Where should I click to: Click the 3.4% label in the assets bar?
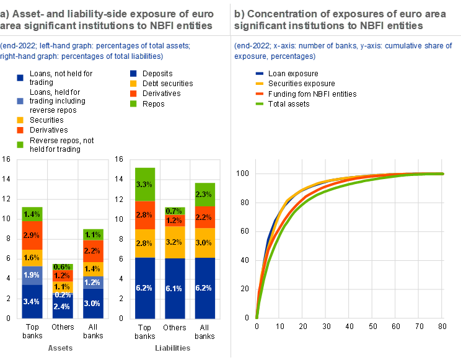point(32,302)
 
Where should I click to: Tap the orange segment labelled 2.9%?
point(32,236)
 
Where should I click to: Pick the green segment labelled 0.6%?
point(62,266)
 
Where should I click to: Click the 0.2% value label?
point(62,295)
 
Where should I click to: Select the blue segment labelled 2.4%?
point(62,306)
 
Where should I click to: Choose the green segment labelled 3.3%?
point(145,185)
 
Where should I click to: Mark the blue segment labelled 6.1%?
point(175,288)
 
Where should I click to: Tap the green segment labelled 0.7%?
point(175,211)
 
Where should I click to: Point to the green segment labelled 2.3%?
point(204,195)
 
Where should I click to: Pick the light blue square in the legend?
point(20,101)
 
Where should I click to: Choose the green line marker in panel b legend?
point(259,103)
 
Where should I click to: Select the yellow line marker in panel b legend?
point(259,82)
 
